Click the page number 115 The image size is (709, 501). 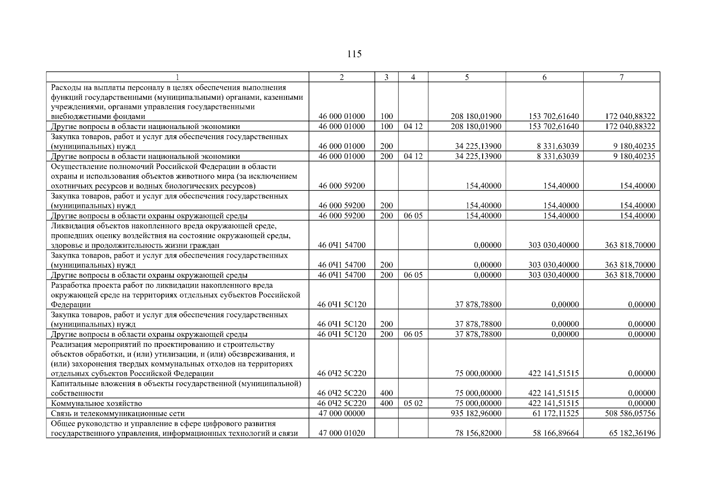[x=354, y=54]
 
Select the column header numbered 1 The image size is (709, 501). [x=177, y=77]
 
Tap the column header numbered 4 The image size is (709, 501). [x=413, y=77]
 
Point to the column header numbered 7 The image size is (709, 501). [x=621, y=77]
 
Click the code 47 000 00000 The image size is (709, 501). [x=341, y=413]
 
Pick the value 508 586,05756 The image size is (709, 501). [x=630, y=413]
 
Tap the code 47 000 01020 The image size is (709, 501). [x=341, y=433]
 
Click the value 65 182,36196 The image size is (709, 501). [x=633, y=433]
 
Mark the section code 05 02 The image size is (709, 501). [x=413, y=403]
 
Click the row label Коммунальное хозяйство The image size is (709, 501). [x=97, y=404]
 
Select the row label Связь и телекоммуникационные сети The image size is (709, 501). [x=118, y=414]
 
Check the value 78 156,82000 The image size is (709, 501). [x=478, y=433]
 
